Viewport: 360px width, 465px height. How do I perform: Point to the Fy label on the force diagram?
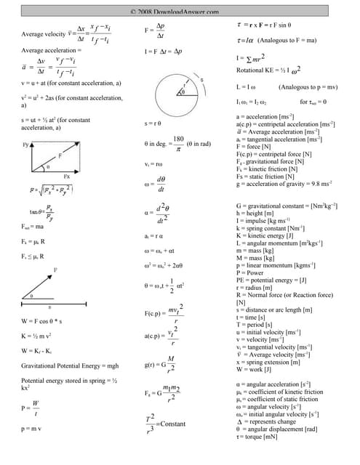click(x=25, y=145)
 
